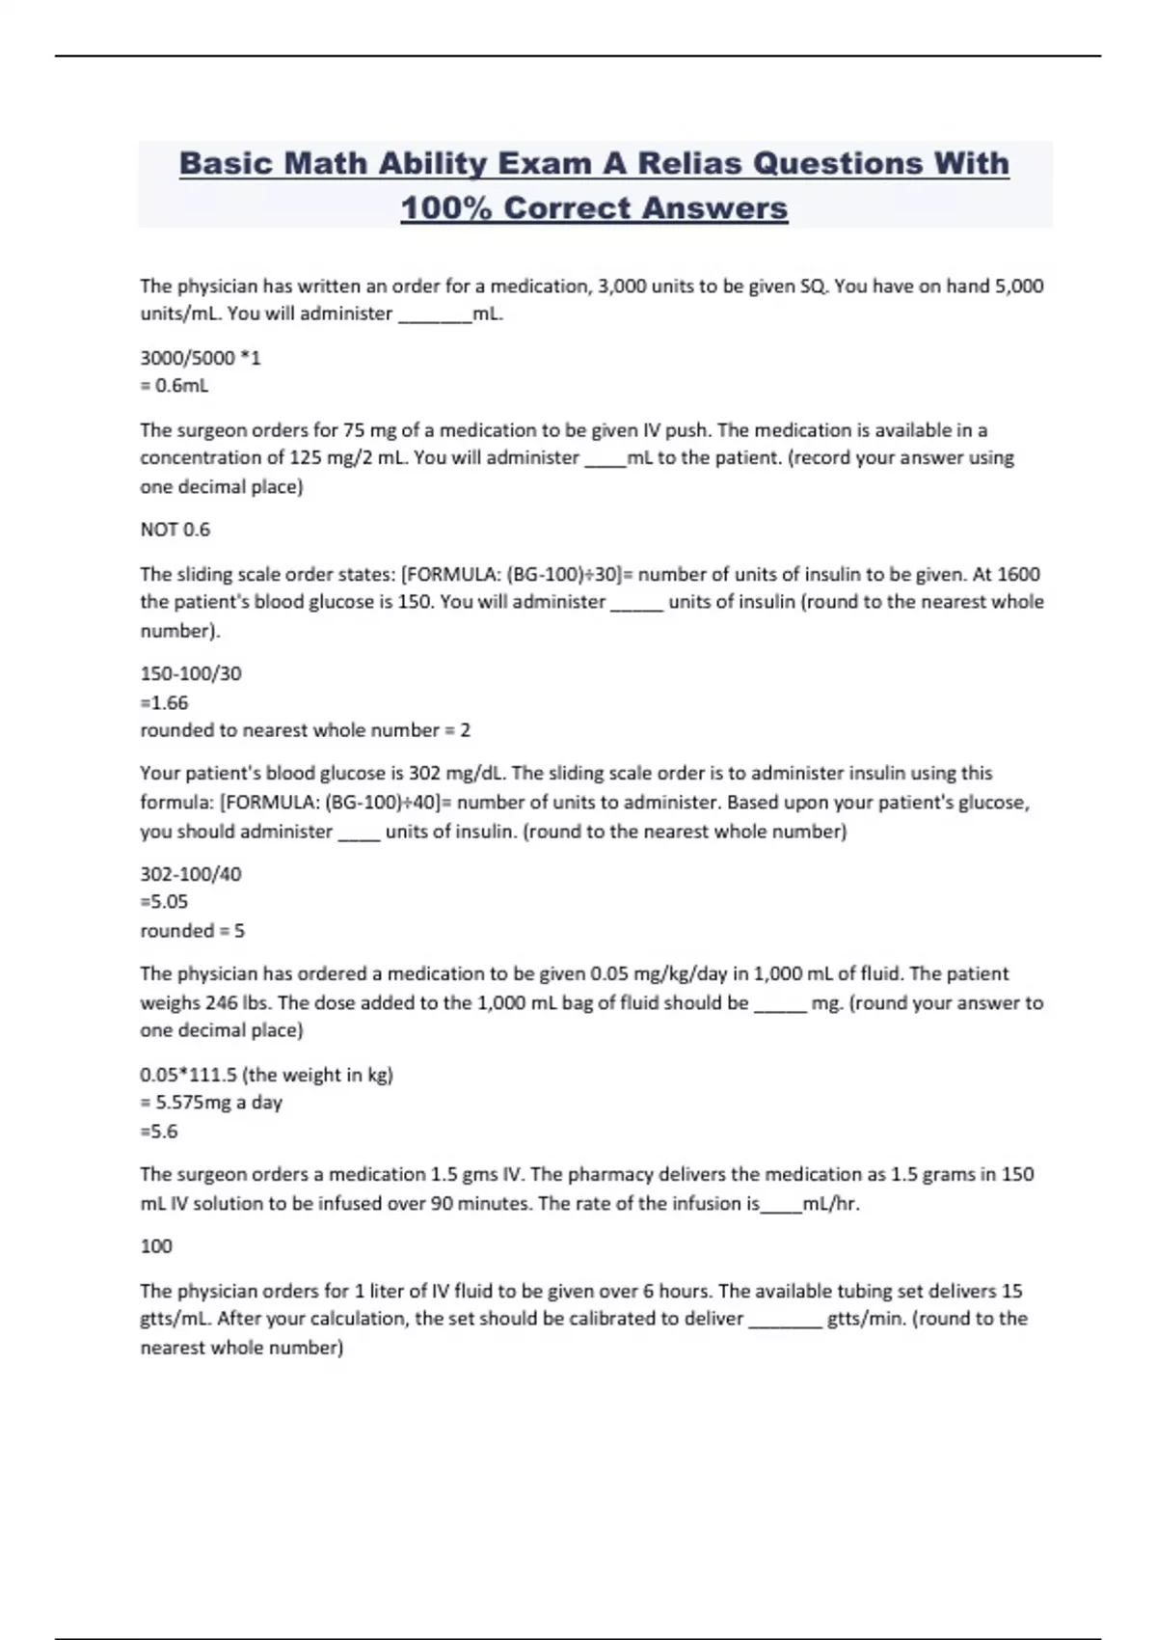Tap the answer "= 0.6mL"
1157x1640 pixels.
[x=175, y=386]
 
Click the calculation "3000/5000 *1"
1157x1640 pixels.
[x=201, y=358]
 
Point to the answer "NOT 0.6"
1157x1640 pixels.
[x=175, y=530]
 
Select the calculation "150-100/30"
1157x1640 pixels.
[x=191, y=673]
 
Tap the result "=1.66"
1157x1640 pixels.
[x=164, y=702]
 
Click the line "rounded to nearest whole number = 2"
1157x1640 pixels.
[x=306, y=730]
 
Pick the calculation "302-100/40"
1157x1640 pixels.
[x=191, y=874]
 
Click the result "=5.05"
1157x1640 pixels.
[x=164, y=902]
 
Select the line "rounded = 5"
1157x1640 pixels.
[x=193, y=931]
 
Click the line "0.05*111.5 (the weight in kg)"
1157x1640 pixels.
[x=266, y=1075]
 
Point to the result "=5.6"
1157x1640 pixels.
[x=159, y=1132]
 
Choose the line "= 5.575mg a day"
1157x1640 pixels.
[x=211, y=1103]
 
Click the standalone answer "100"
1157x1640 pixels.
[x=156, y=1246]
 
